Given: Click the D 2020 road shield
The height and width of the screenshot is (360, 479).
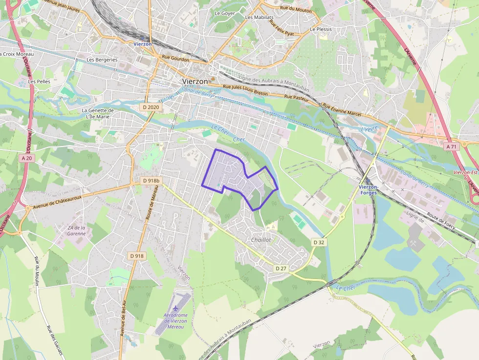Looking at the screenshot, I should [x=151, y=107].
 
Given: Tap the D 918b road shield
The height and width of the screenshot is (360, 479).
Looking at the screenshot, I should [x=151, y=181].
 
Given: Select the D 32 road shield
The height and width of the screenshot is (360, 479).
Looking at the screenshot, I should [x=319, y=242].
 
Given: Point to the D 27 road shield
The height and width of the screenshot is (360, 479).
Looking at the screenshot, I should [x=281, y=268].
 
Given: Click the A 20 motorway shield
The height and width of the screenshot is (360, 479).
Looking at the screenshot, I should [x=27, y=158].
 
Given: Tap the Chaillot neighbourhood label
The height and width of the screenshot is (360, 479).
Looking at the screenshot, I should [x=261, y=240].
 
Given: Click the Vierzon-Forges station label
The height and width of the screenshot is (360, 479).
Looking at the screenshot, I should [x=368, y=190].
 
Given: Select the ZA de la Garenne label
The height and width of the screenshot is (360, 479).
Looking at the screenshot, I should [x=77, y=231].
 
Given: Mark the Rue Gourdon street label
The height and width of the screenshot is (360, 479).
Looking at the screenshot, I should [x=175, y=58].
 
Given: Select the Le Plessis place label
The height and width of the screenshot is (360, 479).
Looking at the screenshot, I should [x=321, y=29].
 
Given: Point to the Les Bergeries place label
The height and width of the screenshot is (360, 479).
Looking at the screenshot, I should [x=102, y=60].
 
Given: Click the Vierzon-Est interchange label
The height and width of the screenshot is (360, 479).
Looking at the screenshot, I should [x=465, y=172].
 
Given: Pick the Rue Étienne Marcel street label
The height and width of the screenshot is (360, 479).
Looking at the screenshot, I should [x=342, y=110].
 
